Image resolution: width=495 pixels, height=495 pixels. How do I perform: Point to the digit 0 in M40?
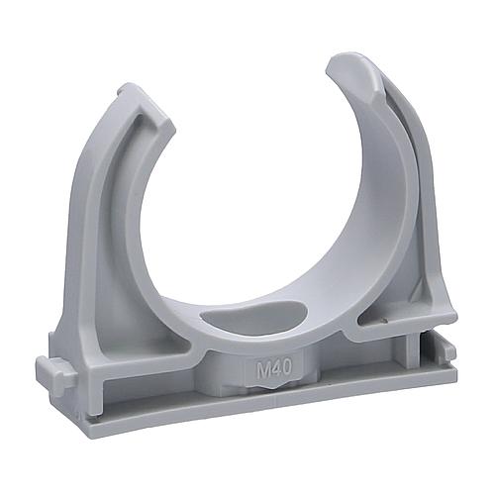click(287, 366)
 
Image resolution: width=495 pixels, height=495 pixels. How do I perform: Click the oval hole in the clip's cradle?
click(254, 317)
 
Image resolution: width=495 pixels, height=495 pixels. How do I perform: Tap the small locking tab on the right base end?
click(449, 354)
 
